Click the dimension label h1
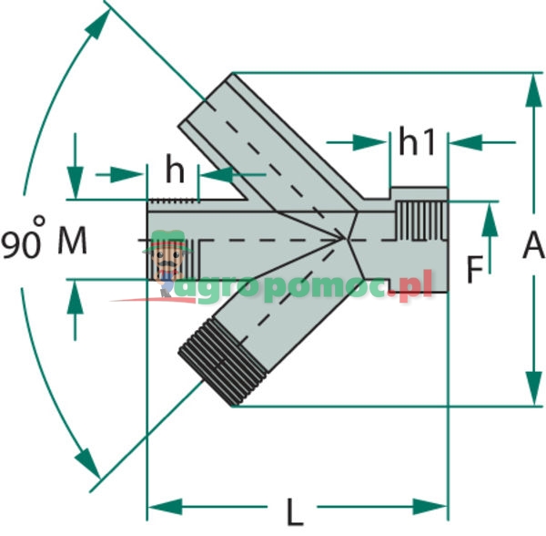(418, 142)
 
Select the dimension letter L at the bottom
(295, 512)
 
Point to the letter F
(473, 269)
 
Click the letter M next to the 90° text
(73, 242)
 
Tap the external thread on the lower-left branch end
(216, 365)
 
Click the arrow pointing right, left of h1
(374, 142)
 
